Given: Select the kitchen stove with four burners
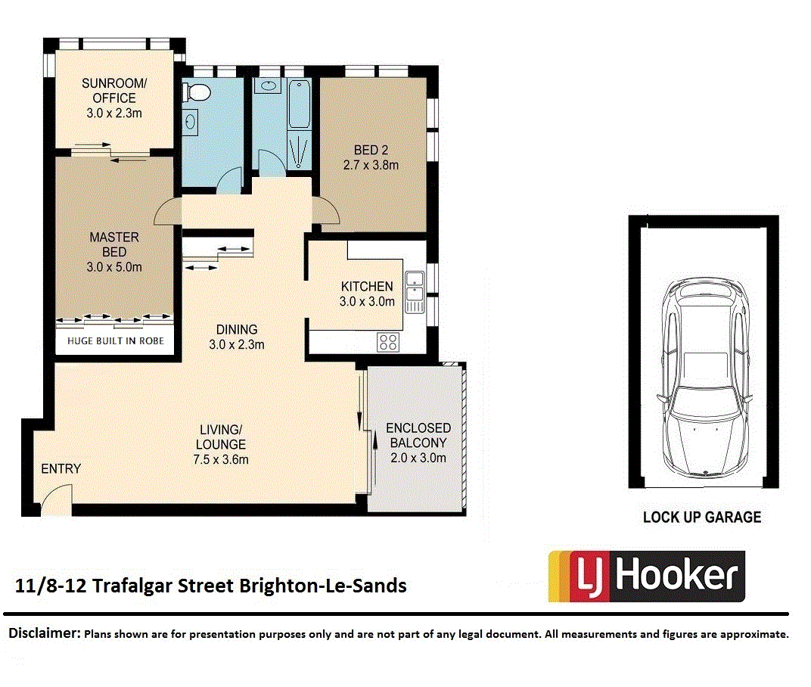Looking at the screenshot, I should (388, 343).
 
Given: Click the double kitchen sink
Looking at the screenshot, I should (414, 291).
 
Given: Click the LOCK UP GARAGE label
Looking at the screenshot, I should (701, 518).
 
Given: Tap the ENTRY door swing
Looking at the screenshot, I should (54, 501).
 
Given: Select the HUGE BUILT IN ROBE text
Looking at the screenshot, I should (115, 341).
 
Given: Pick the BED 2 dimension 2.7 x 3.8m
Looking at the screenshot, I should (371, 164).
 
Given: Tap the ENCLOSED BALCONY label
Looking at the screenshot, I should (418, 435).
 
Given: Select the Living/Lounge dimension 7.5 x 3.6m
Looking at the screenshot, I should (221, 459).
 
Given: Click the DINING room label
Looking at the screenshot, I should (237, 329).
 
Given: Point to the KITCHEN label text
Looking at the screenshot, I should (367, 286).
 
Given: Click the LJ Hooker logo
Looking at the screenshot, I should (646, 576).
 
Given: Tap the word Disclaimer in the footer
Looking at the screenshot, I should (43, 633).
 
